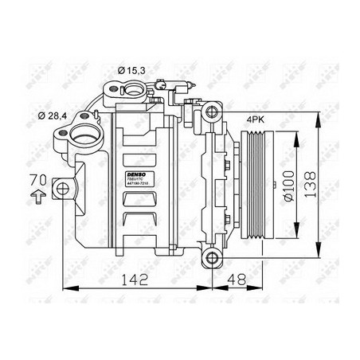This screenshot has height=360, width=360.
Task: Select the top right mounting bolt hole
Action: (x=209, y=110)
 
